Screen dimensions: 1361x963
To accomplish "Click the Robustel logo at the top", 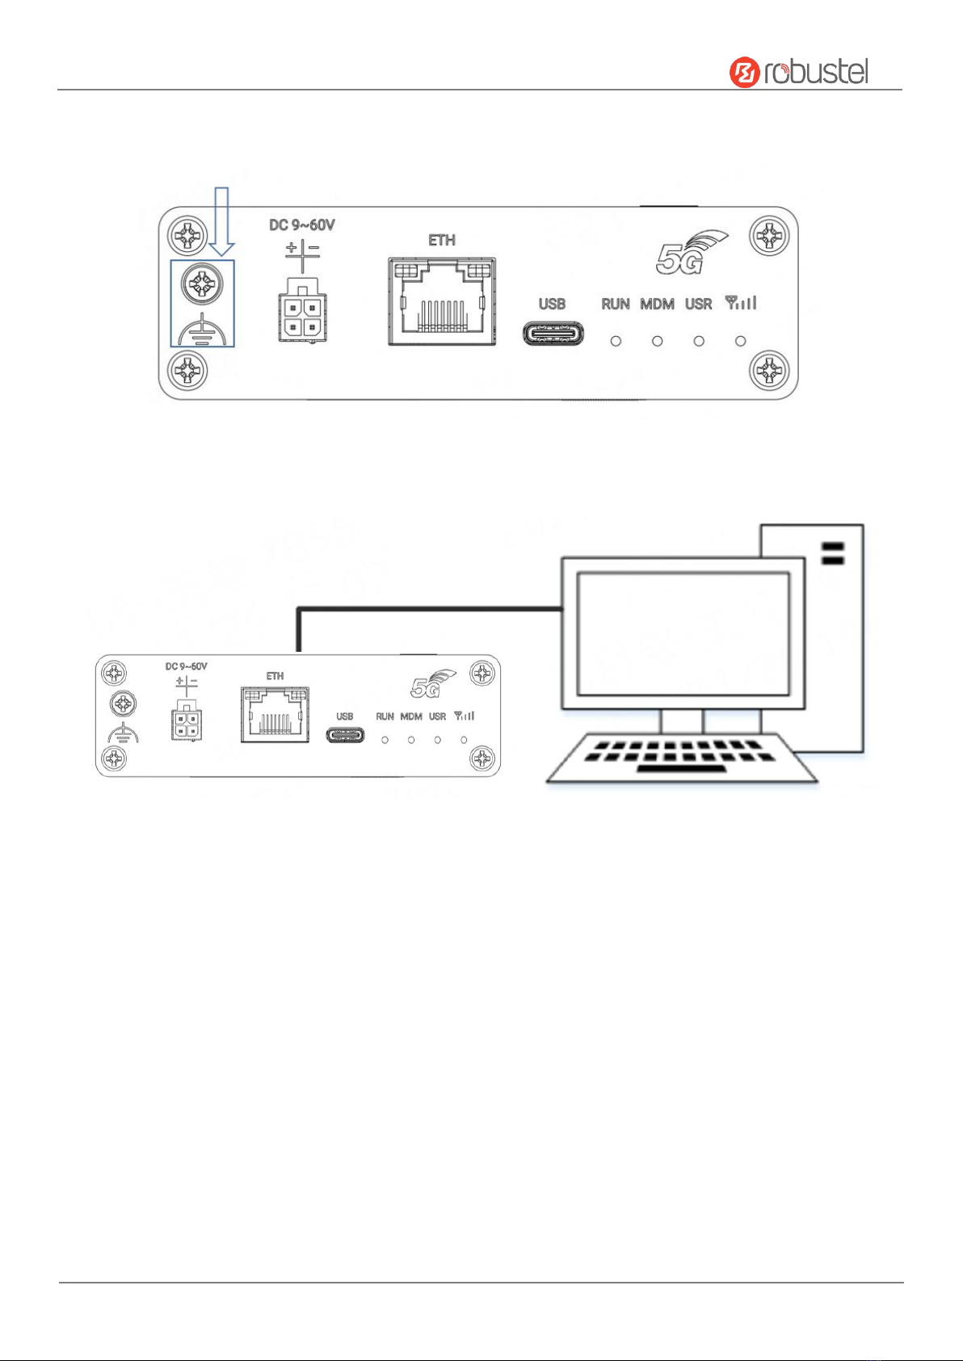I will click(799, 72).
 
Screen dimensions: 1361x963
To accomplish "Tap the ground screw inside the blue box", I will click(202, 284).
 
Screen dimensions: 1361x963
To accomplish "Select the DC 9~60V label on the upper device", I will click(301, 225).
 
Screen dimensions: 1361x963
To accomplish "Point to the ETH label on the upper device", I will click(442, 240).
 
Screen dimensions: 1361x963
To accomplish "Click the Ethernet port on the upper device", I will click(441, 301).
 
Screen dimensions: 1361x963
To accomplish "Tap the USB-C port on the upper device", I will click(553, 334).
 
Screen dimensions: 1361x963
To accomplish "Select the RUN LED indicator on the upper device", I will click(616, 341).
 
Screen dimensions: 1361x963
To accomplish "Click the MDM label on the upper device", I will click(657, 305).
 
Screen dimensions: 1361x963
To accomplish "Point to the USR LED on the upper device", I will click(699, 341).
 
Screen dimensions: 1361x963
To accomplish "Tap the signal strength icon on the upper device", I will click(741, 304).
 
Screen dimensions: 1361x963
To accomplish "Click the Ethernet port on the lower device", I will click(275, 715).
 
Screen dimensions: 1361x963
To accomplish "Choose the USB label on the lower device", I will click(345, 716).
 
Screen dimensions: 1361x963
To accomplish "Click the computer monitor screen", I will click(683, 633).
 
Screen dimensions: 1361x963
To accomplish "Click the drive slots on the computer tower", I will click(832, 554).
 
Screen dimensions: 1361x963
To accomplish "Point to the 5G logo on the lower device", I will click(431, 684).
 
